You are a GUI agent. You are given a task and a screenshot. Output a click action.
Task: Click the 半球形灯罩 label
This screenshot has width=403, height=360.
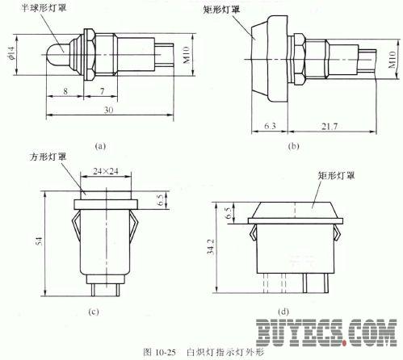pyautogui.click(x=44, y=7)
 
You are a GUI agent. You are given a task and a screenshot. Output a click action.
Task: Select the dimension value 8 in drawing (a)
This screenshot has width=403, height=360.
pyautogui.click(x=65, y=91)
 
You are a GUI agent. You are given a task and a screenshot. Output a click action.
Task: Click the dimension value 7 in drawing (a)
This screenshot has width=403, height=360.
pyautogui.click(x=102, y=91)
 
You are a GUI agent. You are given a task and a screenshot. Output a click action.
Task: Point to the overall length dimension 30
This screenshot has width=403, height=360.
pyautogui.click(x=108, y=110)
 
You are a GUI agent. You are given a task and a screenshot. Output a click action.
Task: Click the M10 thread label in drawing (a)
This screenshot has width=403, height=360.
pyautogui.click(x=187, y=55)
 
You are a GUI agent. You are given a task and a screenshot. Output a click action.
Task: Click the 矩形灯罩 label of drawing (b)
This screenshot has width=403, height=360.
pyautogui.click(x=221, y=10)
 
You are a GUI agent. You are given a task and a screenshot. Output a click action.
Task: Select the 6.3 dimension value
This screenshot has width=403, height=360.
pyautogui.click(x=270, y=126)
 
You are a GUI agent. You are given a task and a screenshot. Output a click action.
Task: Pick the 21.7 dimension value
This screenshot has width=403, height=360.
pyautogui.click(x=330, y=126)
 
